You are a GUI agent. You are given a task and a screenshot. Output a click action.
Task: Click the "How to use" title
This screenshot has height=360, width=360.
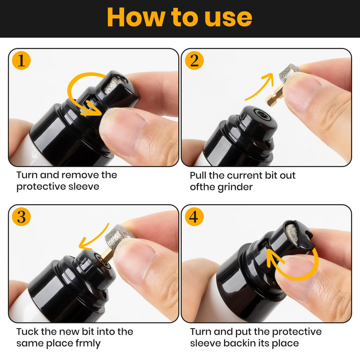coord(180,18)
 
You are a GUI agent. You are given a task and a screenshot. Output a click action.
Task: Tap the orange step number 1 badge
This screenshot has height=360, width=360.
coord(22,60)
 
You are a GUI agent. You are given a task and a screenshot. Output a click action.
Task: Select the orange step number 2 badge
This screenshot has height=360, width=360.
coord(194,60)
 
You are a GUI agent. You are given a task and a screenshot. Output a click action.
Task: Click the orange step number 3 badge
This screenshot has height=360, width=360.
coord(22,217)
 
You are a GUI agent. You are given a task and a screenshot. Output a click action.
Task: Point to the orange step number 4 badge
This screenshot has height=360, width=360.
coord(194,217)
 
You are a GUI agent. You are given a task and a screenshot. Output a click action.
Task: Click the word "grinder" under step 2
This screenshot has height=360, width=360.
coord(235,187)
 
